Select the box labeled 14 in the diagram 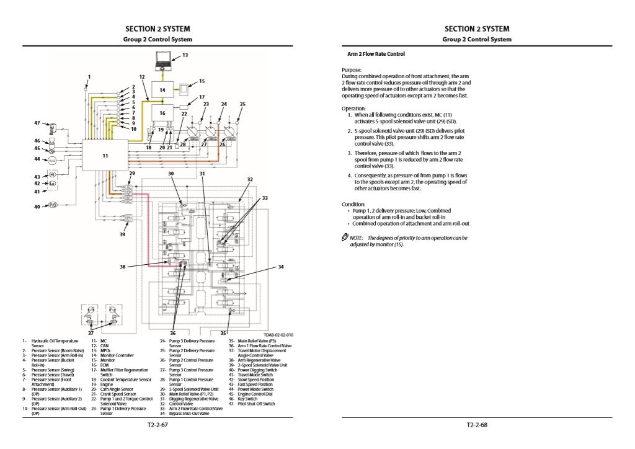162,89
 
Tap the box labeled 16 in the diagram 162,113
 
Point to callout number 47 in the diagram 37,123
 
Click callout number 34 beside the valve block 280,267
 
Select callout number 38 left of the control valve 123,266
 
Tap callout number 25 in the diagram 242,104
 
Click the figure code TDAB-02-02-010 278,335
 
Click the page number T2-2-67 158,425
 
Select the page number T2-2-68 477,425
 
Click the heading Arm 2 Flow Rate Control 376,54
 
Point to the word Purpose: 352,70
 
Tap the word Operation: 353,109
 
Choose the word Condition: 353,204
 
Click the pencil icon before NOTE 345,238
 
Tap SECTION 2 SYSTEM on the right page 476,29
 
